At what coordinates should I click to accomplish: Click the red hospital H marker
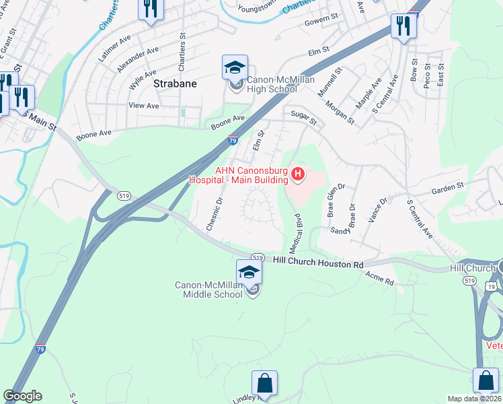pos(297,176)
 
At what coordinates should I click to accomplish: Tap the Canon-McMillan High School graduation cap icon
pos(235,68)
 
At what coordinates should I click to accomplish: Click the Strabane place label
pos(175,84)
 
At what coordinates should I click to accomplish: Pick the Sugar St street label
pos(303,118)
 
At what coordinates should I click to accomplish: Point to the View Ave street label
pos(143,106)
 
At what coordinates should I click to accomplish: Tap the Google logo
pos(22,396)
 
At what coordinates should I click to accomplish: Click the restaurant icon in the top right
pos(403,26)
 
